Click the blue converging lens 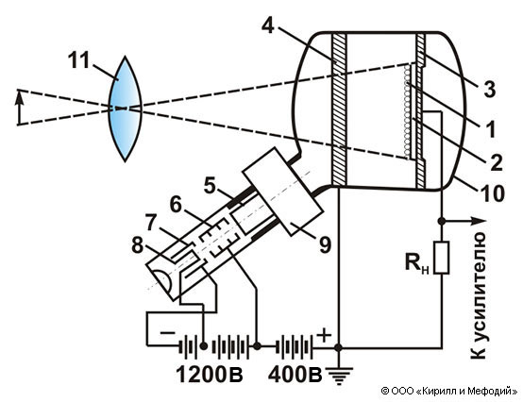126,109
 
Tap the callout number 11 78,60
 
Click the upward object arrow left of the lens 19,108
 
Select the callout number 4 268,25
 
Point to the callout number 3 489,90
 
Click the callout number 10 492,193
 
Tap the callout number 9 325,245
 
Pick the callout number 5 210,186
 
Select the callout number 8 138,246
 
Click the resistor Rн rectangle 442,259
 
